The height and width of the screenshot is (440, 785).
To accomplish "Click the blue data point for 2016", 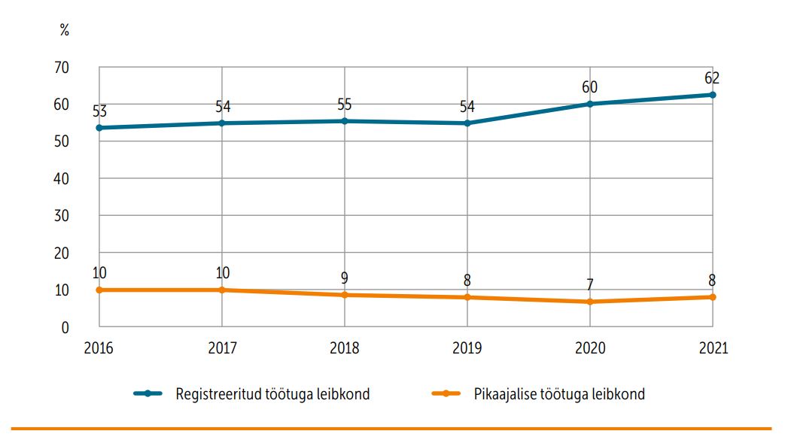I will [99, 128].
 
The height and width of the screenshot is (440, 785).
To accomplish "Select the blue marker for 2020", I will [589, 104].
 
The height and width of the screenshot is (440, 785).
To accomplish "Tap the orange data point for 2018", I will [344, 295].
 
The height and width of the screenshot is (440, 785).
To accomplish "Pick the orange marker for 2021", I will [712, 297].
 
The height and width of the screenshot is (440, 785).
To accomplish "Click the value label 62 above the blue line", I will [712, 78].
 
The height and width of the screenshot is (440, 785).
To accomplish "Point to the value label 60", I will [589, 87].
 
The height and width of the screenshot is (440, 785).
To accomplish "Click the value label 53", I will [99, 111].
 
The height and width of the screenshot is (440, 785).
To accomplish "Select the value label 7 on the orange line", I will [589, 285].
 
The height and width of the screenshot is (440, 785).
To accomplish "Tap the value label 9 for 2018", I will [344, 278].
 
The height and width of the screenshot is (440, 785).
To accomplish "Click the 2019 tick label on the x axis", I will [467, 349].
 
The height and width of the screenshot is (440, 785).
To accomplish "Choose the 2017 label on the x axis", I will [221, 349].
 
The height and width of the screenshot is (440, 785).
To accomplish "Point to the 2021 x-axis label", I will [712, 349].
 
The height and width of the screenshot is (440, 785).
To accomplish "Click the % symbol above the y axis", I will [65, 31].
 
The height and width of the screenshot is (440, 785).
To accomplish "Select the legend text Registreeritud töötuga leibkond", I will [272, 394].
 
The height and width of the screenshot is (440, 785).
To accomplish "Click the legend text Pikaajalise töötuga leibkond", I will [559, 394].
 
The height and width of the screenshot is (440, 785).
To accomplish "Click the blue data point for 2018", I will [344, 121].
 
